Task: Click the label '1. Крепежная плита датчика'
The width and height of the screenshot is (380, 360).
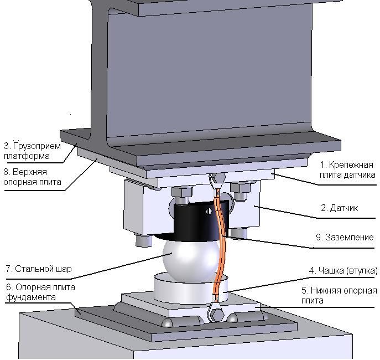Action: (348, 169)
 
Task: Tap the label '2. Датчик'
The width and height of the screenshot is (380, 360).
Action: (339, 208)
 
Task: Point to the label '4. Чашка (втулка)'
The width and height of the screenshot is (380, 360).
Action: (343, 271)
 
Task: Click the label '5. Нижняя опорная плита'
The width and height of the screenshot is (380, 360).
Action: (339, 295)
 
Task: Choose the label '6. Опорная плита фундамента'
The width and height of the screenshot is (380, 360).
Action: (39, 292)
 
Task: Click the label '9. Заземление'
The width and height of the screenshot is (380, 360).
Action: (345, 237)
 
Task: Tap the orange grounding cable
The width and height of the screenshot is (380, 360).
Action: (220, 244)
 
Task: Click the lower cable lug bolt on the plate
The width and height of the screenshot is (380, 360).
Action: (215, 313)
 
